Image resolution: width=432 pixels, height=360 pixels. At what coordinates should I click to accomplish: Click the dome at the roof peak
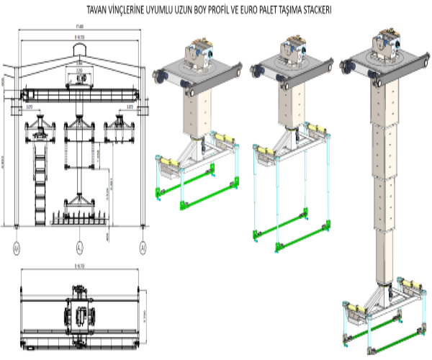79,48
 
